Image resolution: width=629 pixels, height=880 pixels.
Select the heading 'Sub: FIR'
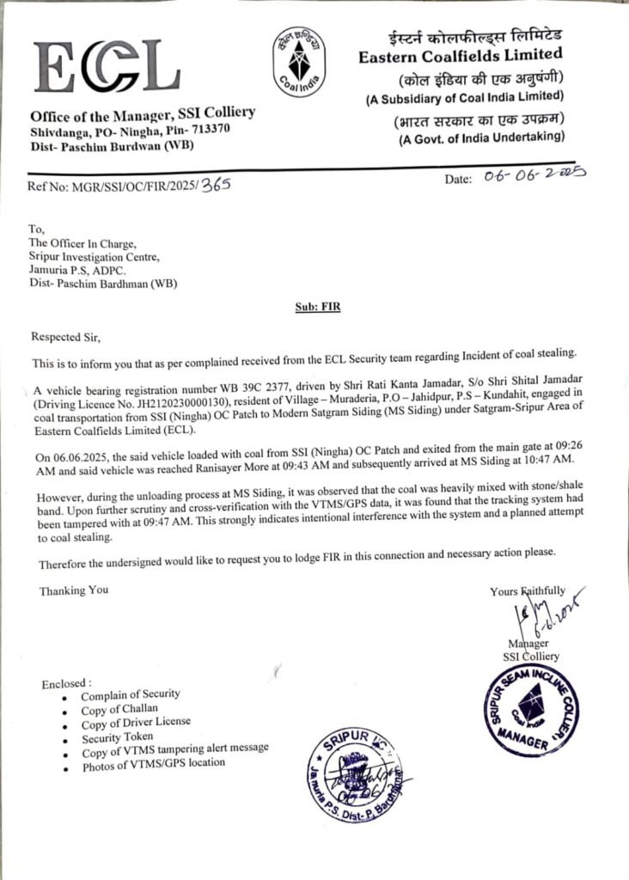click(315, 307)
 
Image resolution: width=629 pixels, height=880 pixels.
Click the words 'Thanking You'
click(74, 591)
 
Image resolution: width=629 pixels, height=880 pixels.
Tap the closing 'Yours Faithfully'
click(528, 590)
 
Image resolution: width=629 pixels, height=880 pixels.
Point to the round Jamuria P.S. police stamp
click(358, 776)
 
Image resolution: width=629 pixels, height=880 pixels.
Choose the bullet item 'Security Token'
click(118, 736)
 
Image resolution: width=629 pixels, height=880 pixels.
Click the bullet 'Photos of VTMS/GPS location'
click(154, 763)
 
